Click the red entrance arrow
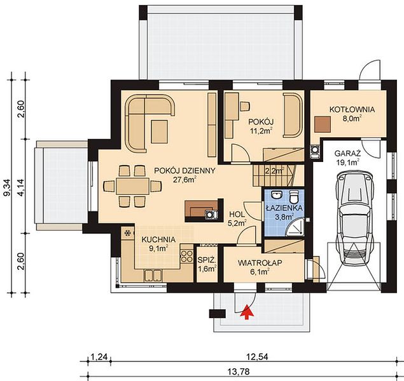click(247, 312)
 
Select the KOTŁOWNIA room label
click(352, 109)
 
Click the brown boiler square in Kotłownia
click(323, 124)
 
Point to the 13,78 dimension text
click(239, 372)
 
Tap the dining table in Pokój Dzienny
click(132, 186)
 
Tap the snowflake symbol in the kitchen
click(127, 233)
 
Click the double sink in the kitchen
click(153, 275)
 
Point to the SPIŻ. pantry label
click(207, 260)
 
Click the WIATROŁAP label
click(260, 263)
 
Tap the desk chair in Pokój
click(245, 106)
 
